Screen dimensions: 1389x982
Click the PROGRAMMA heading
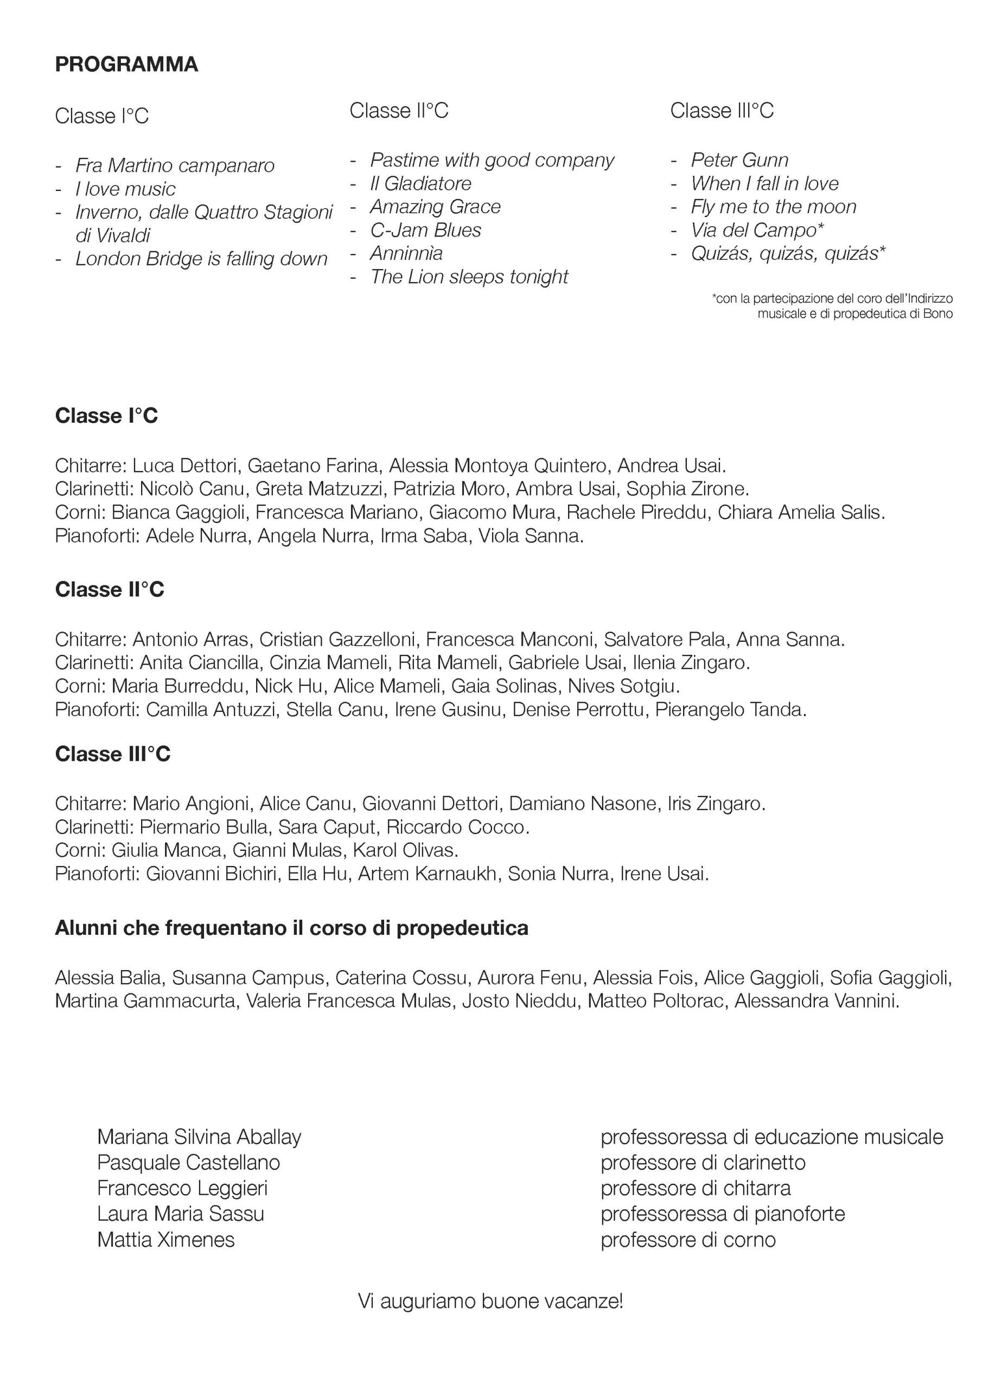[126, 65]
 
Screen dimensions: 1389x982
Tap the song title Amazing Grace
[435, 207]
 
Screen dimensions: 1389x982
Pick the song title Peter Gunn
[739, 160]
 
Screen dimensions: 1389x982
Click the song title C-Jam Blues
[425, 231]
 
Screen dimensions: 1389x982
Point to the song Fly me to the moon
[773, 207]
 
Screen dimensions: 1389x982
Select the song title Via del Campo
[757, 231]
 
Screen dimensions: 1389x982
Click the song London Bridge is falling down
[201, 259]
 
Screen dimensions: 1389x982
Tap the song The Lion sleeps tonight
[469, 277]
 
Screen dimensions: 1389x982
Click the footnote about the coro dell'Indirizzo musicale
[832, 306]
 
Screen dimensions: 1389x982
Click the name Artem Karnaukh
[427, 874]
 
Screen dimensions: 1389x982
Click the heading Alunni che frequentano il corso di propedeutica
[292, 928]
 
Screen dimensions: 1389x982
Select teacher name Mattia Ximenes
[166, 1240]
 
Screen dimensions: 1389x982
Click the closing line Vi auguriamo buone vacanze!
[490, 1301]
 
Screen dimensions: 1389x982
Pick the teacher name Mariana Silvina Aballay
[199, 1137]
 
